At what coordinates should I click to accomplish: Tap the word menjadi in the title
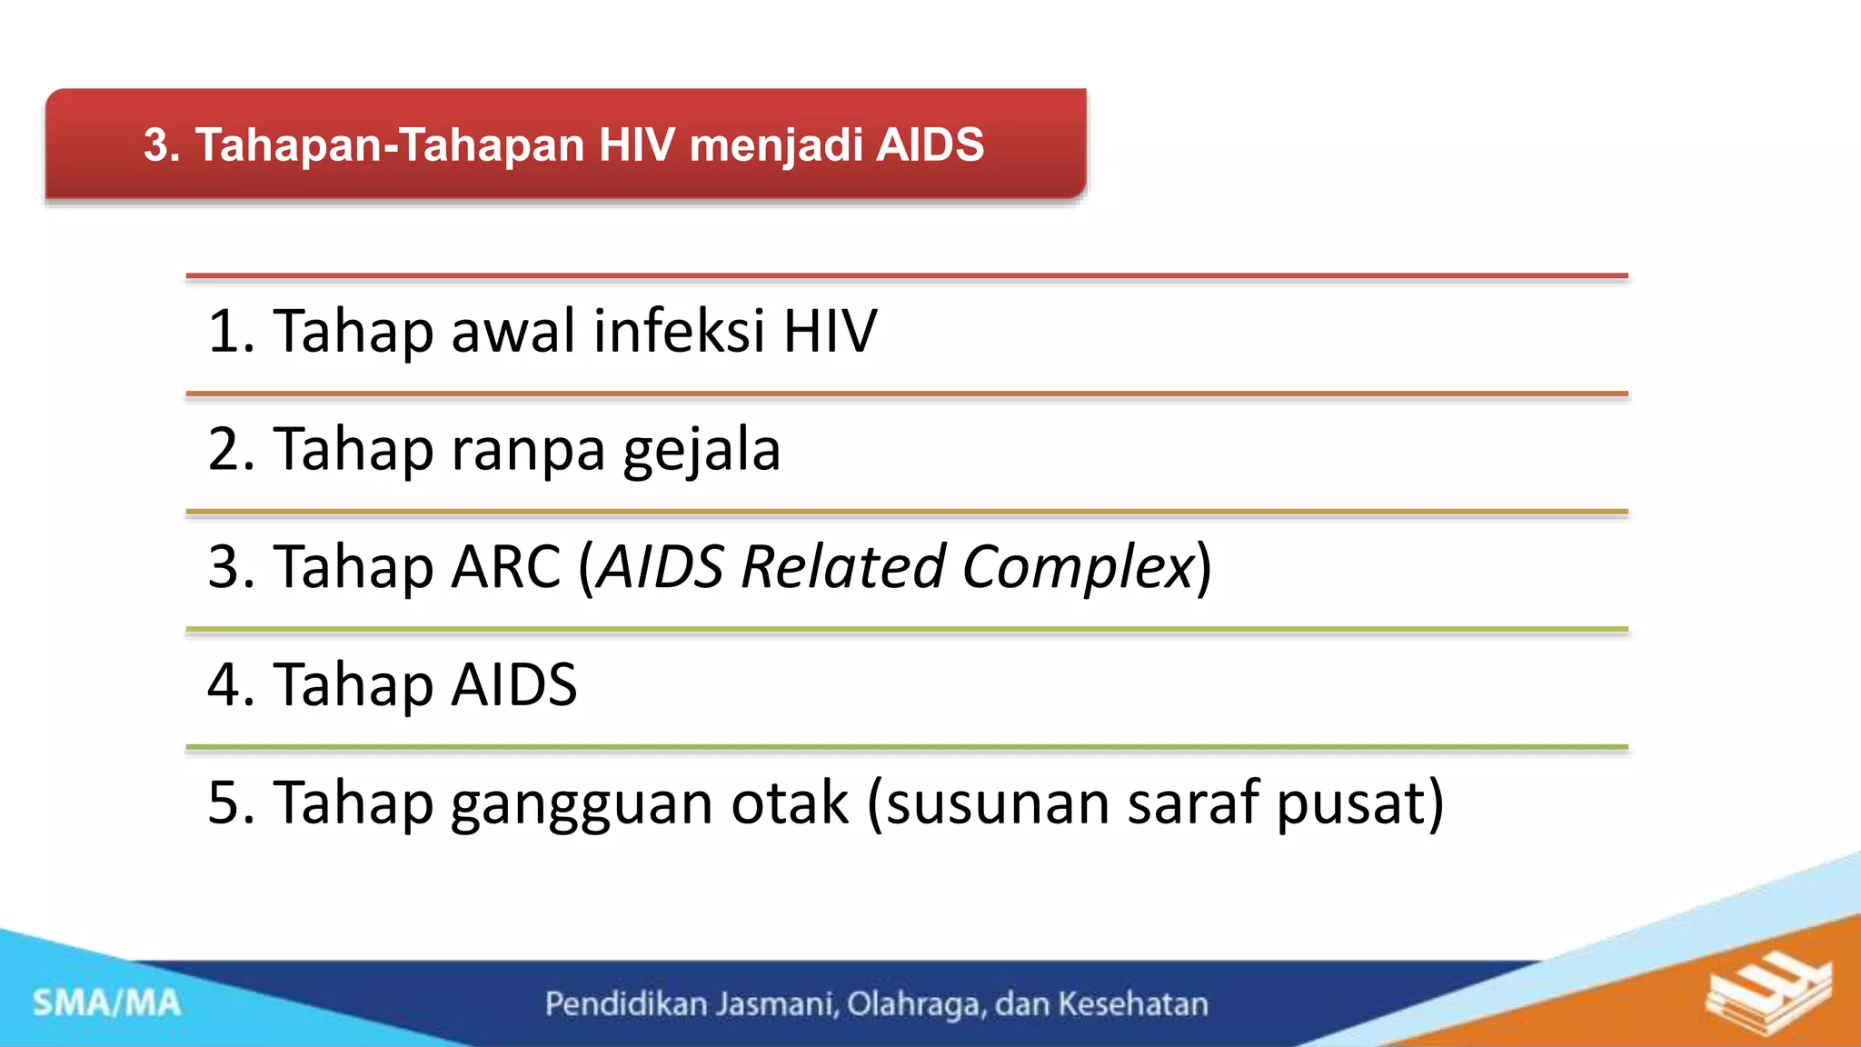(776, 145)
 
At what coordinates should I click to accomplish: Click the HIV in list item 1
(830, 331)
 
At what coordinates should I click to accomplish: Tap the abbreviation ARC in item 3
(506, 567)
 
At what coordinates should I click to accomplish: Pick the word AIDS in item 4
(513, 684)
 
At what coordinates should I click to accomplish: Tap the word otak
(790, 803)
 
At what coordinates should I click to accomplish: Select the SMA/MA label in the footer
(107, 1003)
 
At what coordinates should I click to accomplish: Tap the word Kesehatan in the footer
(1133, 1004)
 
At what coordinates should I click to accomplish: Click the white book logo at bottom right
(1767, 995)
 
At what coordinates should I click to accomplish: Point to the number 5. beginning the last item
(231, 803)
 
